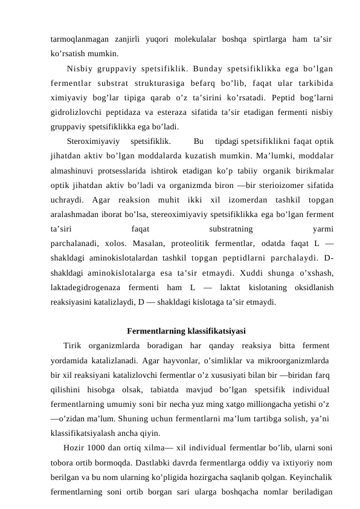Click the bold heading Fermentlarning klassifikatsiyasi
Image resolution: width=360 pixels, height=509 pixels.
(187, 331)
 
